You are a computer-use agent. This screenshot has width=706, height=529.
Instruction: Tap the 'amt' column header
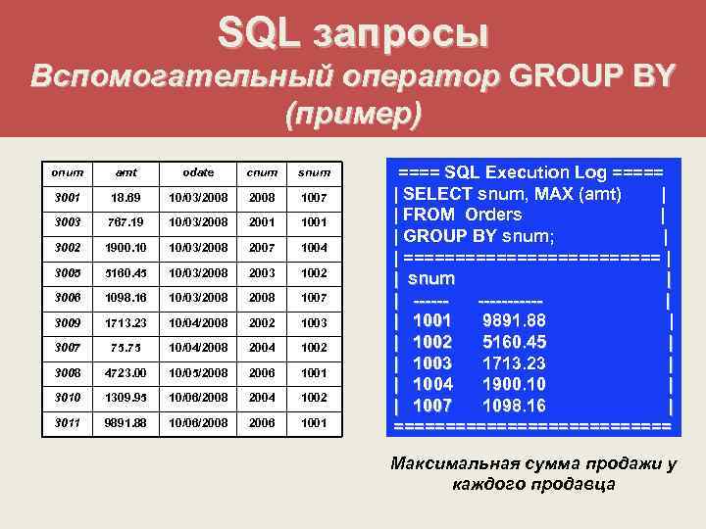(x=125, y=171)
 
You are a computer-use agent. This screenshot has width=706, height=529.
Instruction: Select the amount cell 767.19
(x=125, y=222)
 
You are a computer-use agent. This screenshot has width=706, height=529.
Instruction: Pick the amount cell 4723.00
(x=125, y=373)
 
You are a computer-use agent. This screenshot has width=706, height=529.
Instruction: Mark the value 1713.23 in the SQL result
(x=514, y=362)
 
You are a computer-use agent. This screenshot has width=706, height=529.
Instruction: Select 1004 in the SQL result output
(x=432, y=384)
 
